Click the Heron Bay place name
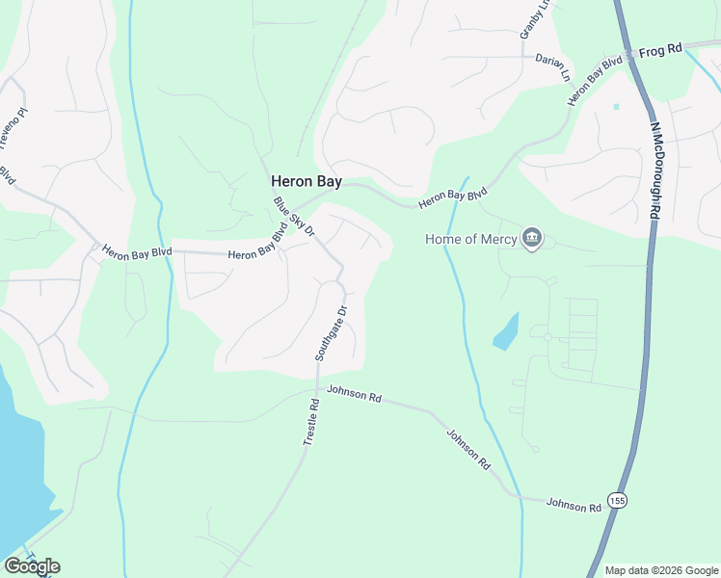pos(307,180)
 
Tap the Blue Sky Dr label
pos(295,217)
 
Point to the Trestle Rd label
pos(310,422)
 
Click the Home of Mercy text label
pos(470,239)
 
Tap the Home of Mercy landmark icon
pos(531,238)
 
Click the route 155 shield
pos(618,501)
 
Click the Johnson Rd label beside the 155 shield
pos(574,503)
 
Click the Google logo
pos(32,566)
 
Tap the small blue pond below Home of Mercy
pos(506,332)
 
